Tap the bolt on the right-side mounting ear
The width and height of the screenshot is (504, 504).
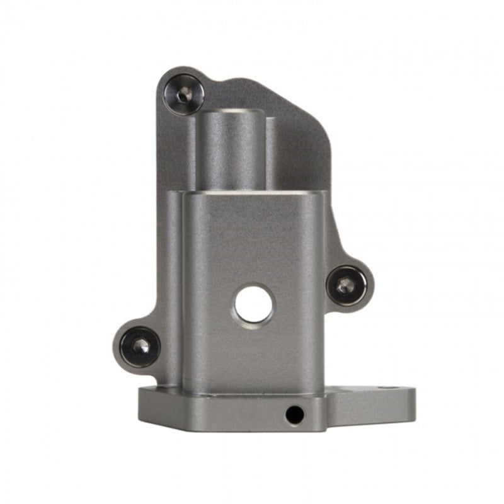point(346,285)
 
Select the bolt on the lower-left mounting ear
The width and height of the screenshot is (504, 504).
point(139,346)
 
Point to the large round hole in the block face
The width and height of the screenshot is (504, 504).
point(254,305)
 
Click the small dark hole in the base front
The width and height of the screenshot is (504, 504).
point(294,415)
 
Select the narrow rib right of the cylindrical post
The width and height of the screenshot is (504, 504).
point(270,154)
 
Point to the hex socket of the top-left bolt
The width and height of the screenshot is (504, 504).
point(183,95)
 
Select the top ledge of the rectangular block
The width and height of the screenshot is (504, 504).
point(252,193)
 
